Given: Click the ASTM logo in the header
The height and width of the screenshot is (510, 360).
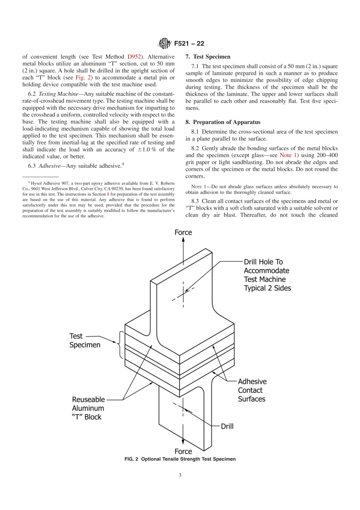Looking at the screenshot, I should coord(165,44).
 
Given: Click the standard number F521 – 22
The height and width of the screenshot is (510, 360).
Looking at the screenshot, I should coord(189,44).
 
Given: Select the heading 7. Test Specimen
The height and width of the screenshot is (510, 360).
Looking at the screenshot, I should coord(208,57).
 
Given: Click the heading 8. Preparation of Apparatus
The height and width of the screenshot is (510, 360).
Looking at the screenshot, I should coord(223,122).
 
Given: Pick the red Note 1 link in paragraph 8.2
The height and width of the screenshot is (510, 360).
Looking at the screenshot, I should coord(288,155).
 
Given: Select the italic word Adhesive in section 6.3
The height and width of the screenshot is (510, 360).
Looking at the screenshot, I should coord(49,166).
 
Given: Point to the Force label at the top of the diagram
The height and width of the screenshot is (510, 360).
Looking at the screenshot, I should coord(183,232).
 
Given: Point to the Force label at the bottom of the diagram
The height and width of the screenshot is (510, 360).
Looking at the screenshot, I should coord(183,451).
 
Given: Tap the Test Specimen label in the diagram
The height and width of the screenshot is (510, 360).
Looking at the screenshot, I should coord(85,341).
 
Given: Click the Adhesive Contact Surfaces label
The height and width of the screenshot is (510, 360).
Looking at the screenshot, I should coord(252,390).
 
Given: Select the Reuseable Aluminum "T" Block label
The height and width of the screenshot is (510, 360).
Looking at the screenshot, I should coord(88,408).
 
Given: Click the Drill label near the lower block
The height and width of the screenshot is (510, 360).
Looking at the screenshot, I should coord(227,426).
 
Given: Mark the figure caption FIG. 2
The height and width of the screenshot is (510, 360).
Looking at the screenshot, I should coord(180,459).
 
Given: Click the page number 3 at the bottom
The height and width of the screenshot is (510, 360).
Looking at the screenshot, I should coord(180,475).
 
